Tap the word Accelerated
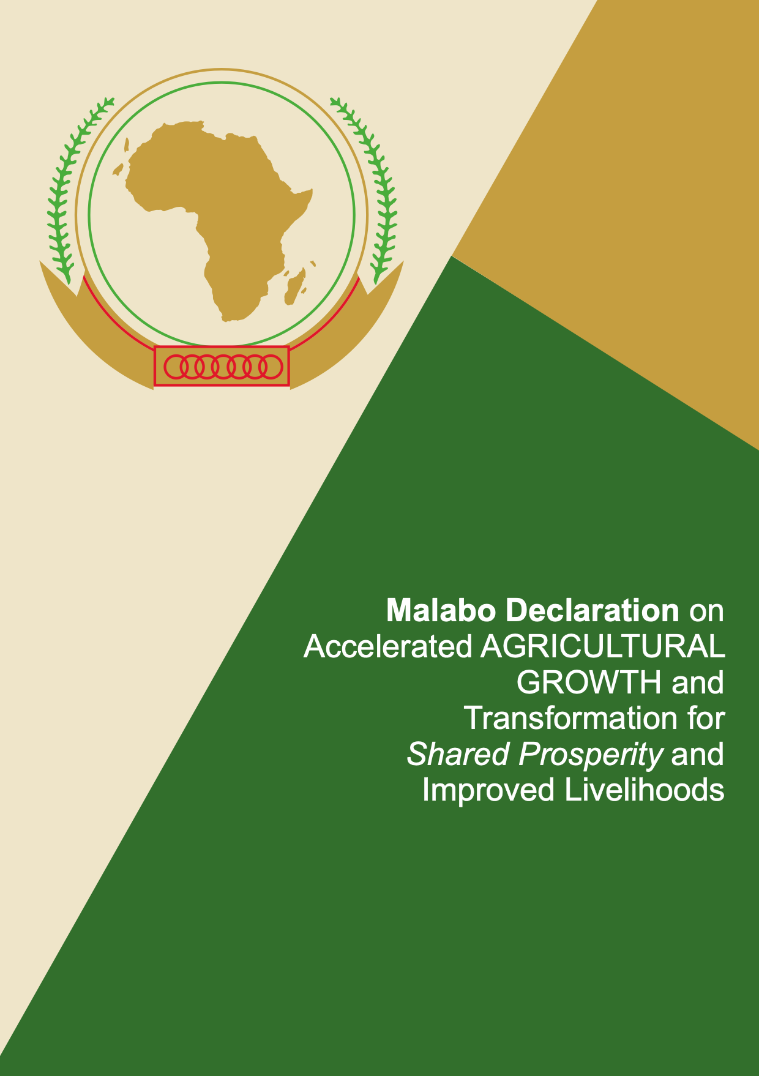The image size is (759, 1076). [388, 646]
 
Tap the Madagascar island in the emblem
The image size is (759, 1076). [295, 286]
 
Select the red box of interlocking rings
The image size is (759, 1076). [222, 366]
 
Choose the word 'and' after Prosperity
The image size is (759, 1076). [698, 754]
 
